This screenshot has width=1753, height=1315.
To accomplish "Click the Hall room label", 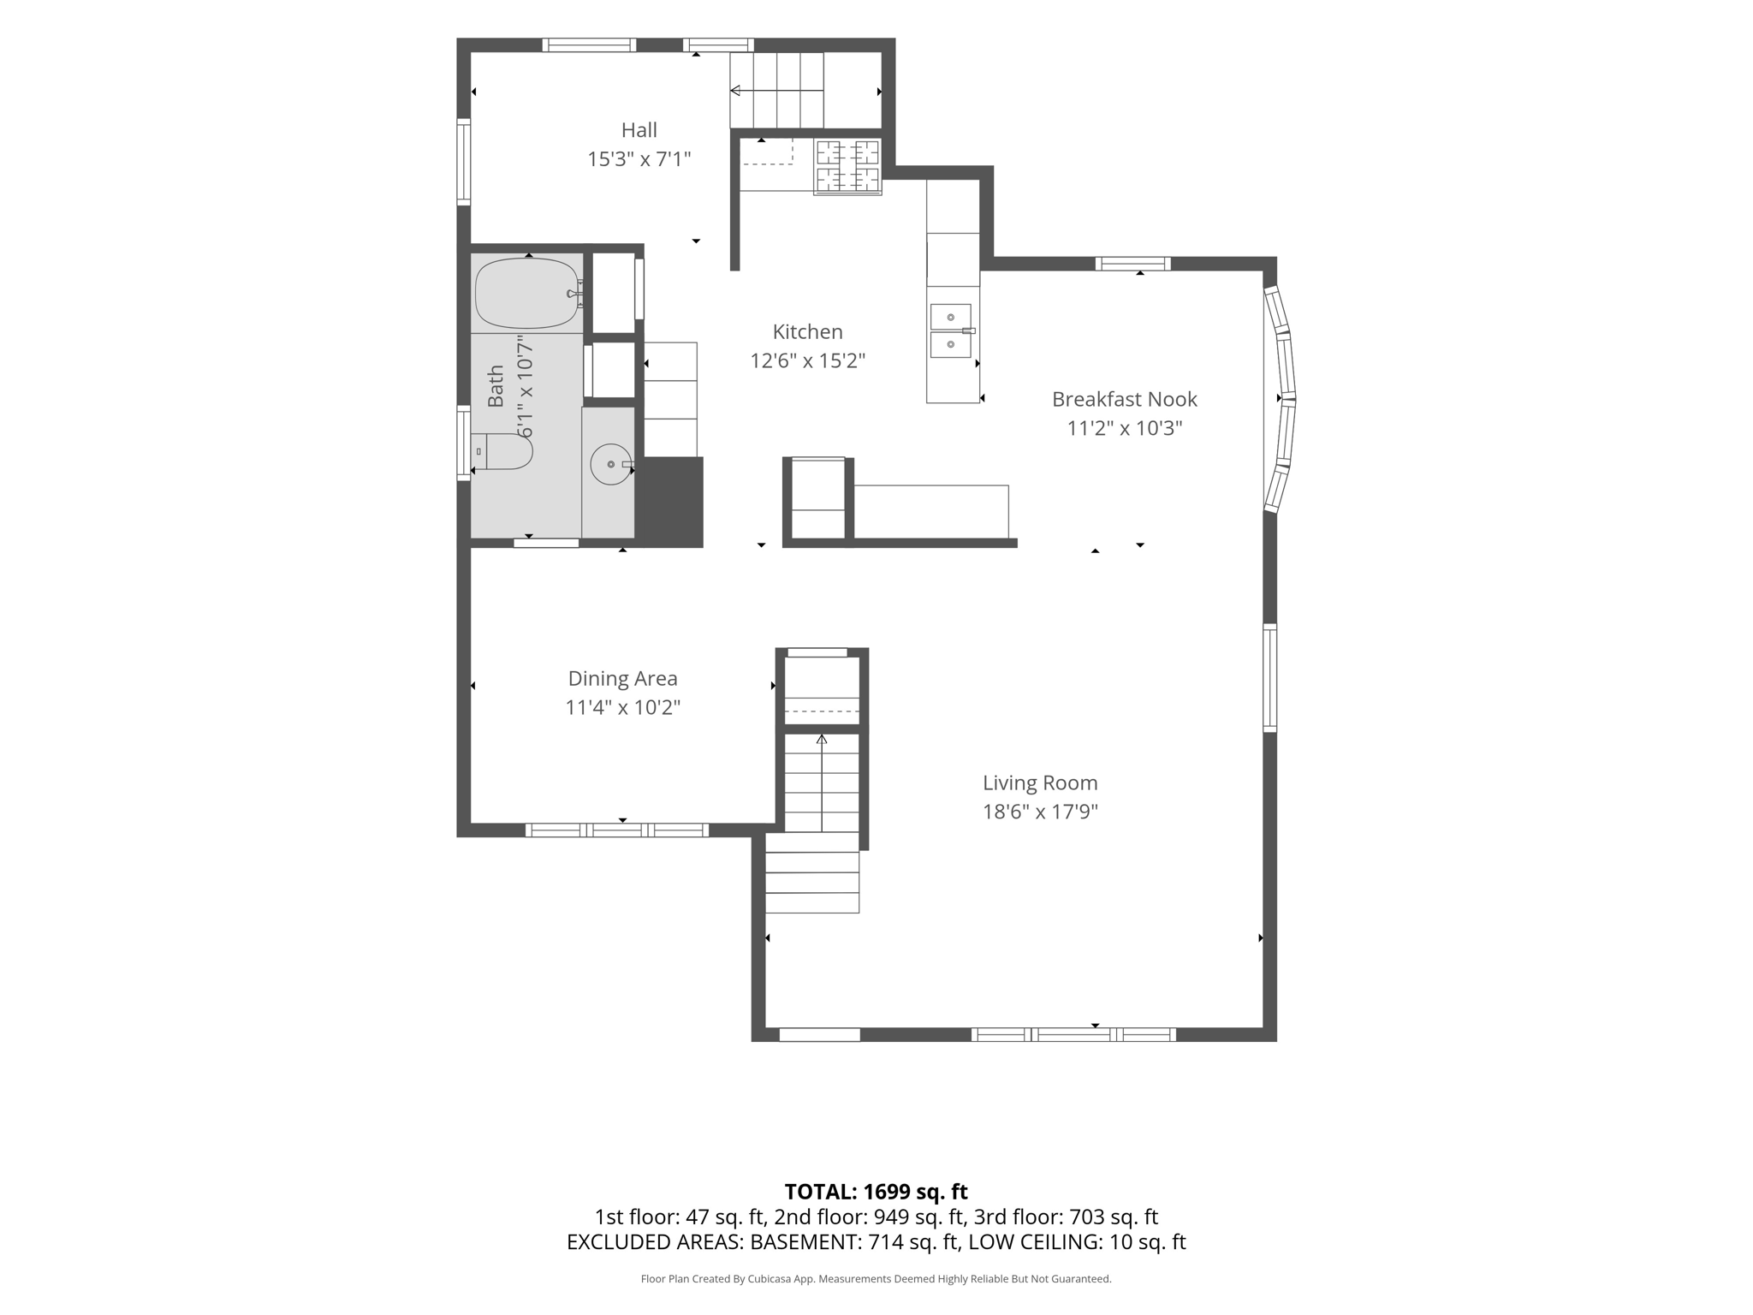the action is [639, 130].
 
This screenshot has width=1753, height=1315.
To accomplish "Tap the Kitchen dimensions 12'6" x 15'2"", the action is [807, 361].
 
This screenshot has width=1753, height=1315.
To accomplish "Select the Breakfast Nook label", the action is [1124, 399].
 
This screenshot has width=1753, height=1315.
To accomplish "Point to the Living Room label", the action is [1040, 782].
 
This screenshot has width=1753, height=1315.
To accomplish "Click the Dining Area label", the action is [622, 678].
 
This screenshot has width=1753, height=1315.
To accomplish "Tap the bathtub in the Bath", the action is [528, 293].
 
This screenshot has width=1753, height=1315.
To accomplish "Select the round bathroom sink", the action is [611, 464].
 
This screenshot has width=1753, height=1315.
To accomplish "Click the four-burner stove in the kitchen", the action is [847, 166].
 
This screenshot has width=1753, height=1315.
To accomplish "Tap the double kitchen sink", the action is [952, 330].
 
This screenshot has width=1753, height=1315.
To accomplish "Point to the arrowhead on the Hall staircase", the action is [734, 91].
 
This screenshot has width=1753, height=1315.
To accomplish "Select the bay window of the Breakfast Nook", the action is [1280, 399].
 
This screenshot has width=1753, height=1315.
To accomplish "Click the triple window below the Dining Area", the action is [616, 830].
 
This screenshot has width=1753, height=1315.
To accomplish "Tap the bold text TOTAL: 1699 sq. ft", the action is [876, 1192].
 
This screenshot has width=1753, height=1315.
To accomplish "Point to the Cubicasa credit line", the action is [876, 1279].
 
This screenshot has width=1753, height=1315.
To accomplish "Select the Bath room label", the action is [496, 386].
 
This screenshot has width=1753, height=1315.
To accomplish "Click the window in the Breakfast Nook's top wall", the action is [1132, 264].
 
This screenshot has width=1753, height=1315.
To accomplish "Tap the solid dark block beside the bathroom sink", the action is [669, 502].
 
